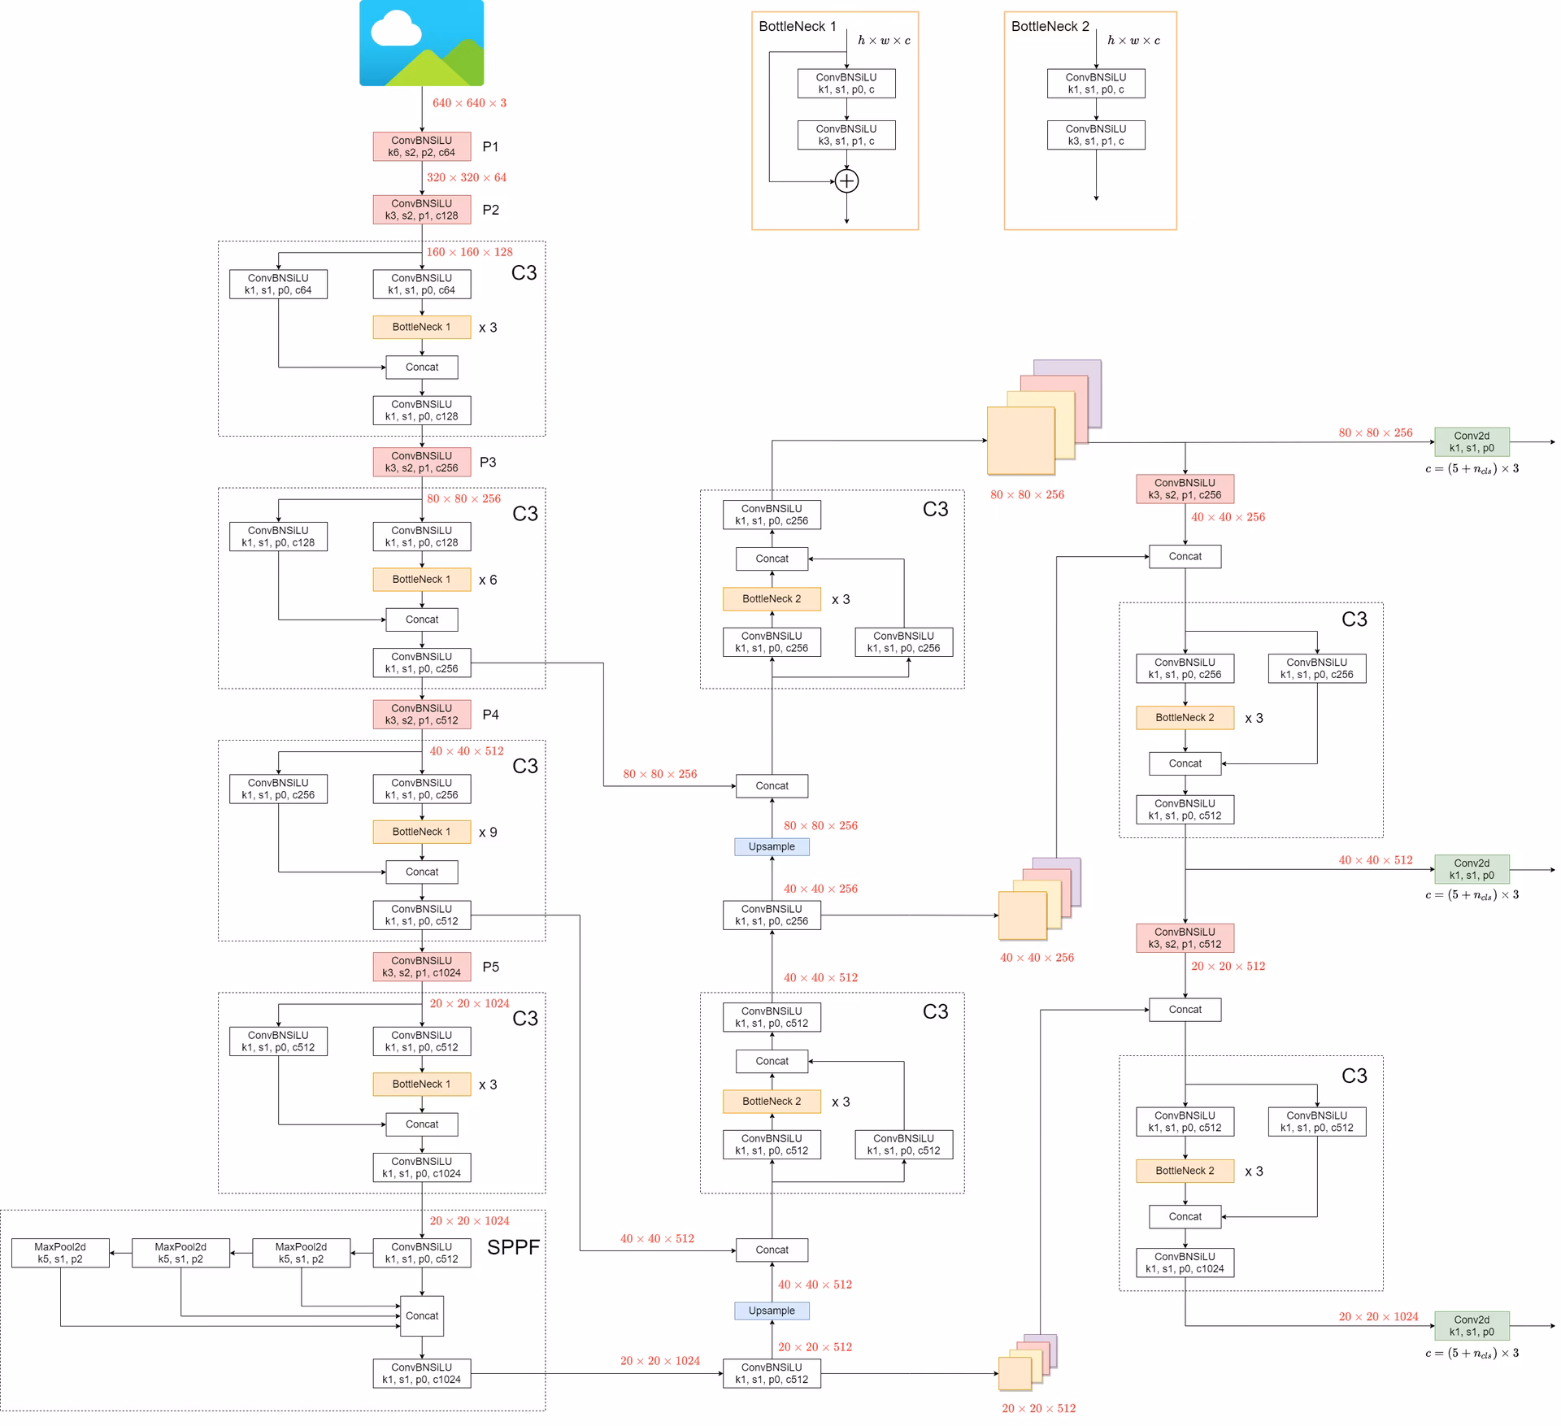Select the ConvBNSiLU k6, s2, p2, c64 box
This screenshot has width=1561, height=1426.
coord(421,146)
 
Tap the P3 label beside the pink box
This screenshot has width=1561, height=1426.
coord(488,462)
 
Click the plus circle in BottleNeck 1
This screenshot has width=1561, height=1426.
coord(846,180)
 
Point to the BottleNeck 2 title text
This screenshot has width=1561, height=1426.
coord(1050,26)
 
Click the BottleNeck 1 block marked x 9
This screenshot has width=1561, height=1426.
coord(421,832)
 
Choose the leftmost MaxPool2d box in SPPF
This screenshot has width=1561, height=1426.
coord(60,1253)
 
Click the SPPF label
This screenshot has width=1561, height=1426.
coord(513,1248)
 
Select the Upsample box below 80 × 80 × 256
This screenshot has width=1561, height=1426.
coord(772,846)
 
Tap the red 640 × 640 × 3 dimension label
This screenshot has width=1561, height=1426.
coord(469,103)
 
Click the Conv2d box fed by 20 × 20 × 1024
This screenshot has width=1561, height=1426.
coord(1472,1325)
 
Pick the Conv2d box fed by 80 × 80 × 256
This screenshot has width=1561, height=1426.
coord(1472,441)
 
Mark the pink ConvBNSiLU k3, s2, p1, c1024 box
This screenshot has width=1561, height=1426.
coord(421,967)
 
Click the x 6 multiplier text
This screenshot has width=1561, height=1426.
coord(488,580)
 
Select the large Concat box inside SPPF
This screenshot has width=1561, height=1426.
coord(422,1315)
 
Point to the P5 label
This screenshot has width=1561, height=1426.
coord(490,967)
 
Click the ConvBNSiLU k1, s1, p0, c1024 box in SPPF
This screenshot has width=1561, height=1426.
coord(421,1373)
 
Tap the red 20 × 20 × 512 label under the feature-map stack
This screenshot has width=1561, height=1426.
coord(1038,1408)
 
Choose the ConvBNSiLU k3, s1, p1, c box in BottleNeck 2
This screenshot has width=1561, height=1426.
coord(1096,135)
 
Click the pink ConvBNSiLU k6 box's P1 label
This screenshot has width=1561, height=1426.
coord(490,146)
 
